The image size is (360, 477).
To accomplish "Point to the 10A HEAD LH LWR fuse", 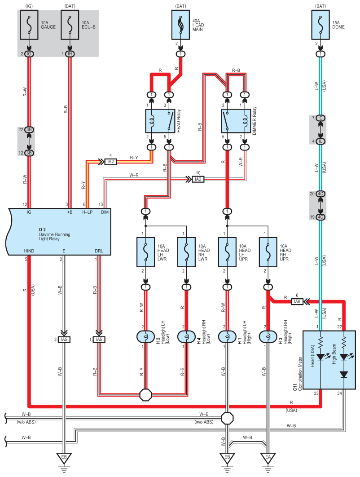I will (145, 252).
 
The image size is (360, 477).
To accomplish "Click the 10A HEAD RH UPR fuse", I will (268, 252).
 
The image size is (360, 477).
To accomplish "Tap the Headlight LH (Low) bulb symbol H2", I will (145, 336).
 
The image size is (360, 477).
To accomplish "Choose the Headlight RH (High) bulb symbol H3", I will (268, 336).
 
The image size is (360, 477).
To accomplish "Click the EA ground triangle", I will (268, 459).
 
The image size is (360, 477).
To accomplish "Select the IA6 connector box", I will (296, 301).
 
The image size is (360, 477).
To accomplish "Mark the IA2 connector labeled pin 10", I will (198, 179).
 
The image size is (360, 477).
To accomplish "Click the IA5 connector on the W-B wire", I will (64, 339).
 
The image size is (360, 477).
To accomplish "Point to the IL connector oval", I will (320, 141).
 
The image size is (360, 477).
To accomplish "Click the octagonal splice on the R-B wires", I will (146, 395).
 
